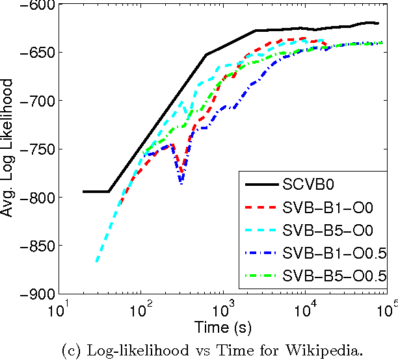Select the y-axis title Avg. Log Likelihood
tap(8, 149)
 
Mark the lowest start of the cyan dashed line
tap(96, 262)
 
